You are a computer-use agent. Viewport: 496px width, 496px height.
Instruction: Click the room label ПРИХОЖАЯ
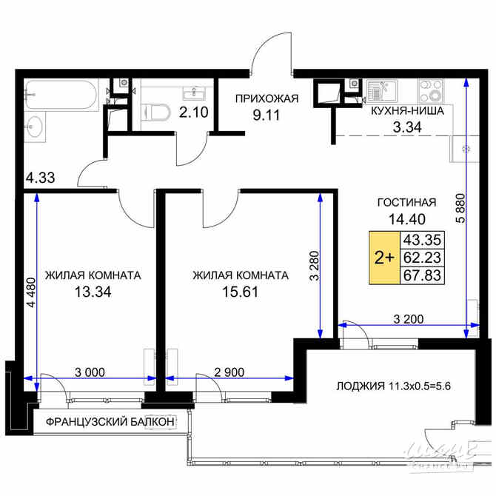[267, 99]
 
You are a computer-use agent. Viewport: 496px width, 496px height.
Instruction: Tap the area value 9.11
[267, 115]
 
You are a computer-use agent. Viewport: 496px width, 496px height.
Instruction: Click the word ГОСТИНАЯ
[406, 202]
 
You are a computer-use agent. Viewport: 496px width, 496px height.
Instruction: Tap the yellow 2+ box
[384, 258]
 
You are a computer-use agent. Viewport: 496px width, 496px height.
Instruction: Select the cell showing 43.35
[418, 241]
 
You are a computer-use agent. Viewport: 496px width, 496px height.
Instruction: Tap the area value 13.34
[93, 292]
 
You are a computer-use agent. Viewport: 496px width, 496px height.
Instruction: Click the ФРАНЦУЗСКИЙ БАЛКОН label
[110, 422]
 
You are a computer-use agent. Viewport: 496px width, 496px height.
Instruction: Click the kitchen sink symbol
[386, 93]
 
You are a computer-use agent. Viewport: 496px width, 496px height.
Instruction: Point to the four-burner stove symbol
[431, 92]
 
